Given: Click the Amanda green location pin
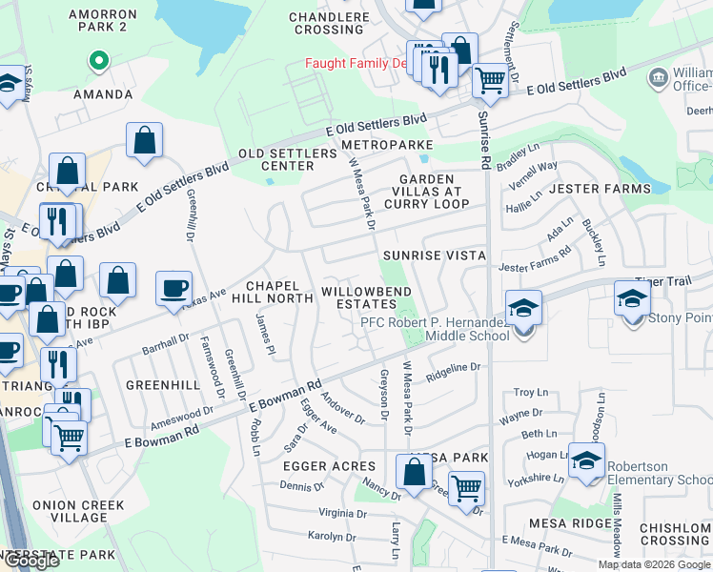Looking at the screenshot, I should pos(96,63).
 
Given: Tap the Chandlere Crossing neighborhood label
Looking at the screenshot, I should pos(328,23).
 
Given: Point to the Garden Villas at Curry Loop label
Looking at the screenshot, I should pos(434,191).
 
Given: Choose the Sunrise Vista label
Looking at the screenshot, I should pos(435,255).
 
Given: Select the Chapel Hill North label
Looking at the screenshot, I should pos(279,292).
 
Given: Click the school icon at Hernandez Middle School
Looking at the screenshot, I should pos(523,308).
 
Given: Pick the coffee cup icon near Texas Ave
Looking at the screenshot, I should pos(173,288).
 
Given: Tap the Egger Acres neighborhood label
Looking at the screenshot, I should pos(321,465).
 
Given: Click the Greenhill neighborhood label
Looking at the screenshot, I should pos(163,385).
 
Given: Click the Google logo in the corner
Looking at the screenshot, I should pos(31,561).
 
